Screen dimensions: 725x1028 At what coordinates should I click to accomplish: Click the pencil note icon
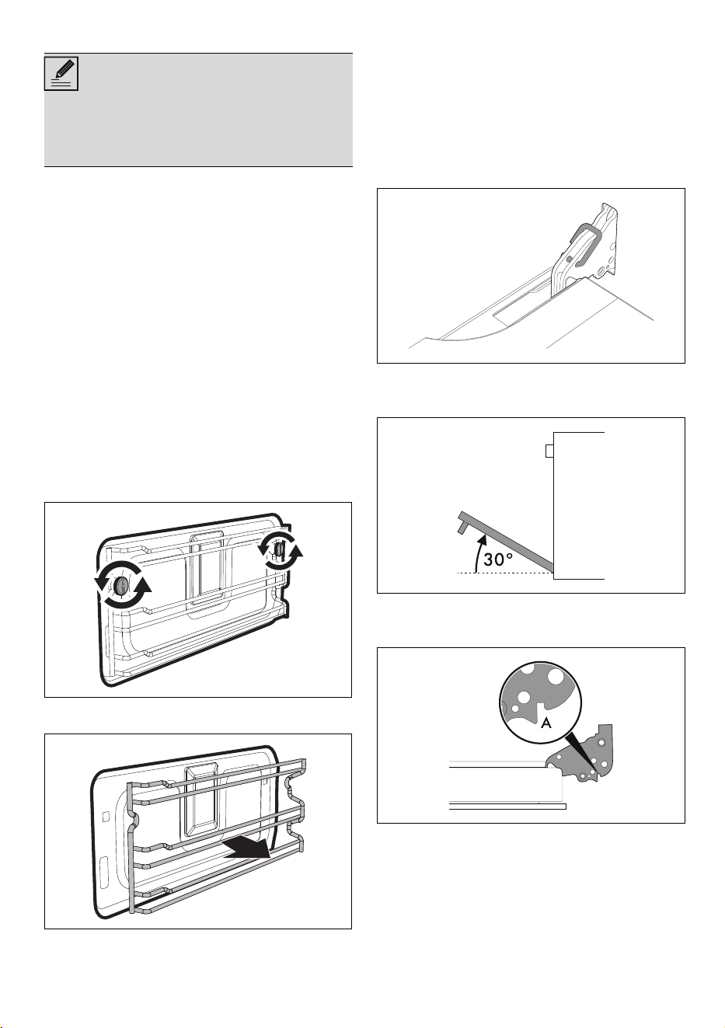pyautogui.click(x=61, y=73)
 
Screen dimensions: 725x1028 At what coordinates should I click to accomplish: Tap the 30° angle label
pyautogui.click(x=498, y=559)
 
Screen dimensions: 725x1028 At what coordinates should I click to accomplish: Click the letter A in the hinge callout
pyautogui.click(x=545, y=723)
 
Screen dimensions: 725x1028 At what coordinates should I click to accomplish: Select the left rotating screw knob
pyautogui.click(x=121, y=586)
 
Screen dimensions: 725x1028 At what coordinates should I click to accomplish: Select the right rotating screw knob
pyautogui.click(x=279, y=550)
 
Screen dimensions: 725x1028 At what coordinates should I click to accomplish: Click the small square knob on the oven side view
pyautogui.click(x=549, y=451)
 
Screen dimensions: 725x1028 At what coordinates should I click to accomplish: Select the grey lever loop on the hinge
pyautogui.click(x=584, y=243)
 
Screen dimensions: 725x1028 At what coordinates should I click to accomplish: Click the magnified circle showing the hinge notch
pyautogui.click(x=541, y=702)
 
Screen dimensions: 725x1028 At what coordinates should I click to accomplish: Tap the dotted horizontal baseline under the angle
pyautogui.click(x=506, y=573)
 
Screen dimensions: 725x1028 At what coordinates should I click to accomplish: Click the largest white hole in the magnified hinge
pyautogui.click(x=555, y=677)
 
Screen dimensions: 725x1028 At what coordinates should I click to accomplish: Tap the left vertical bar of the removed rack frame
pyautogui.click(x=131, y=847)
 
